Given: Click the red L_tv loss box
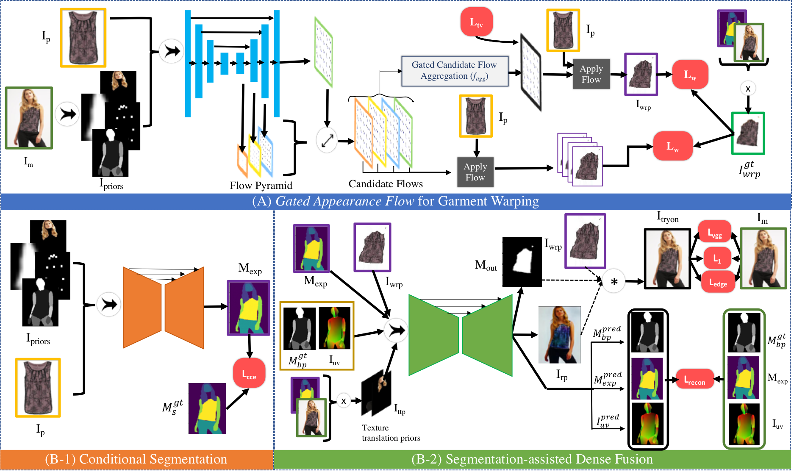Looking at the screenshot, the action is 476,22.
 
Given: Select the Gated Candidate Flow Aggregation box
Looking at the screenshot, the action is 455,71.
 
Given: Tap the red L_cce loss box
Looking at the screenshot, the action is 249,373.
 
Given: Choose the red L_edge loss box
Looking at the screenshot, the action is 718,282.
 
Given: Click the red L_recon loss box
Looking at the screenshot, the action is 695,380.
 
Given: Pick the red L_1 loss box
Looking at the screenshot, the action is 717,258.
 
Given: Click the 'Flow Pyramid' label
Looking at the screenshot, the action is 261,186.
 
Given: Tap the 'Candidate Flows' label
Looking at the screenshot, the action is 386,184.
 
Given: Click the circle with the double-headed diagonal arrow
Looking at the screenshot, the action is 327,141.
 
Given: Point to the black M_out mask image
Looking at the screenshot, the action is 522,262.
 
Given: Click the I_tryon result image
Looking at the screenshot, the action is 667,259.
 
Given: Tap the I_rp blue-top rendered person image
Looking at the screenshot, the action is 559,335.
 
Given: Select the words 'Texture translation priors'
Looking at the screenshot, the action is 391,433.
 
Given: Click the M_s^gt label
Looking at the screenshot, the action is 172,407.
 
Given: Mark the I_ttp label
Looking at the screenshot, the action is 400,409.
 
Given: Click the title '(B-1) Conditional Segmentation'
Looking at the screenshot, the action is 136,459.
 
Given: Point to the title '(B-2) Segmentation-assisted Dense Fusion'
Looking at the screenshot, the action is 532,459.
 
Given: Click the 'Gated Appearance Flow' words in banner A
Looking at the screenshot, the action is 345,201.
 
